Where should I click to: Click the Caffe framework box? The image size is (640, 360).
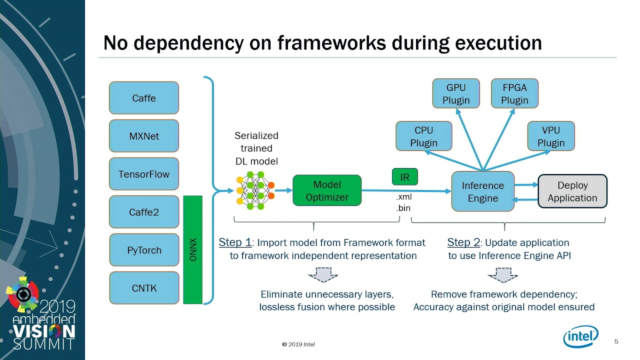point(144,98)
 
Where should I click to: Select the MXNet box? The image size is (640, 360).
point(144,136)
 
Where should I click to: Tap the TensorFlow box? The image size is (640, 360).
point(144,174)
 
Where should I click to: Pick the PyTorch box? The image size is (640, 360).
point(144,250)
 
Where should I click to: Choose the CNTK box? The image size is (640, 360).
point(144,288)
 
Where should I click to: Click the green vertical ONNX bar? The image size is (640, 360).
point(193,250)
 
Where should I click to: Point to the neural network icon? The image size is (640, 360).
point(255,190)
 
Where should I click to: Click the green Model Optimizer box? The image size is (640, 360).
point(327,190)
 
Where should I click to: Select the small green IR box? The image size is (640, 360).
point(404,177)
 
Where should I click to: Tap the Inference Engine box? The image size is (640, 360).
point(482,191)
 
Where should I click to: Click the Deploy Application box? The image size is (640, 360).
point(572,191)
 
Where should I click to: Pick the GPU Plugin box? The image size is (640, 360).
point(456,93)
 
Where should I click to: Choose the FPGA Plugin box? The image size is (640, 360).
point(514,93)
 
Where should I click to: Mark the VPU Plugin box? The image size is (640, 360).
point(551,136)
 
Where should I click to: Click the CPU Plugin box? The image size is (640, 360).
point(423,136)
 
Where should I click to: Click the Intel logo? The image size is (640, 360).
point(580,336)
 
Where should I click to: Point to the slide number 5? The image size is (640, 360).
point(616,341)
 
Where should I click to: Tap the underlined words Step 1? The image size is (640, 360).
point(235,242)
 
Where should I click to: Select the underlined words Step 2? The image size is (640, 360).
point(463,242)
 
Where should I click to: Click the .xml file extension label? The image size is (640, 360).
point(404,197)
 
